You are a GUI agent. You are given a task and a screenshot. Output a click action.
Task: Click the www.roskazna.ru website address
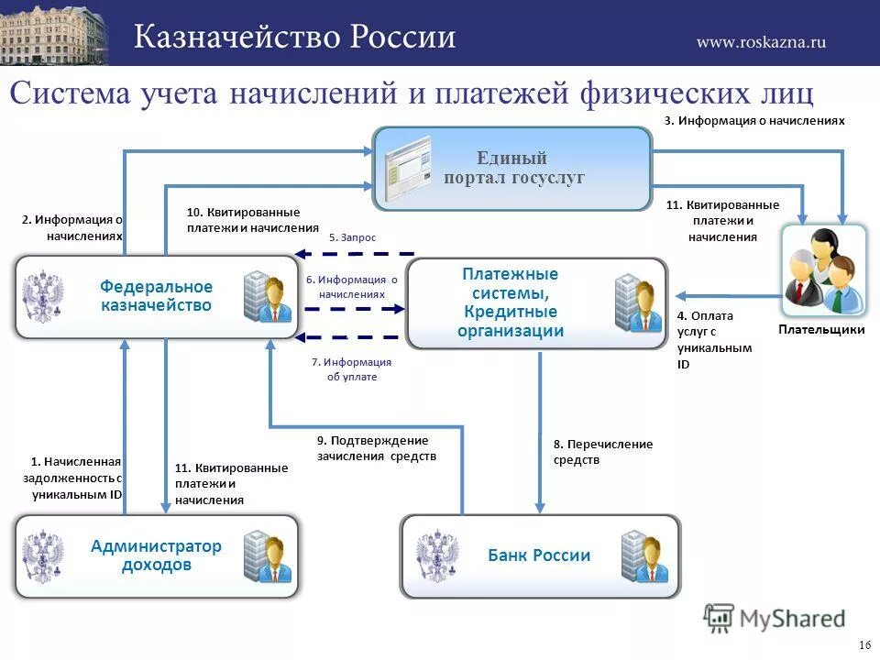click(761, 41)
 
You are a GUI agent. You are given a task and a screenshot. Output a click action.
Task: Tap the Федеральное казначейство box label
click(156, 296)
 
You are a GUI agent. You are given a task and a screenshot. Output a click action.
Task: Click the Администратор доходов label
click(156, 555)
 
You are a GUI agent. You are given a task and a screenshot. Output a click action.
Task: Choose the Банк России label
click(539, 555)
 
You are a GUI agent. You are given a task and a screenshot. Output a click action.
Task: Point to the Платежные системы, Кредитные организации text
click(511, 302)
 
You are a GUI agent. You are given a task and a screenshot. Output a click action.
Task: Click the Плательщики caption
click(821, 330)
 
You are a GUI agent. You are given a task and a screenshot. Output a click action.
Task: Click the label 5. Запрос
click(352, 237)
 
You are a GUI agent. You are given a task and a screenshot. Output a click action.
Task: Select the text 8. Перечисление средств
click(602, 452)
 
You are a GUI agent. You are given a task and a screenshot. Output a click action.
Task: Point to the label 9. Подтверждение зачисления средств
click(377, 448)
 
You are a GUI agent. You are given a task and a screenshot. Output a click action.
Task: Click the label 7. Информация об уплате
click(352, 369)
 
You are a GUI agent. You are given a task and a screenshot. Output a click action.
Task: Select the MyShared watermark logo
click(775, 618)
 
